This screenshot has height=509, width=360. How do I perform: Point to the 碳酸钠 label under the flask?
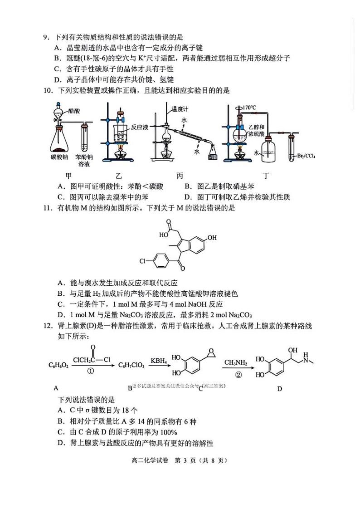coord(59,157)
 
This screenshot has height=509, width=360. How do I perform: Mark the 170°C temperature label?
coord(249,108)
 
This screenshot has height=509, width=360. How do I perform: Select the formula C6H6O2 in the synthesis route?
coord(58,365)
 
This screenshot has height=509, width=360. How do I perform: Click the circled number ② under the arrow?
coord(238,375)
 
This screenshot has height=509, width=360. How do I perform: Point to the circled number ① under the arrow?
coord(90,370)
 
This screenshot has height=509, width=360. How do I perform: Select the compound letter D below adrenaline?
coord(280,388)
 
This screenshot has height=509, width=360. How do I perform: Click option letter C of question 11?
coord(60,304)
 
